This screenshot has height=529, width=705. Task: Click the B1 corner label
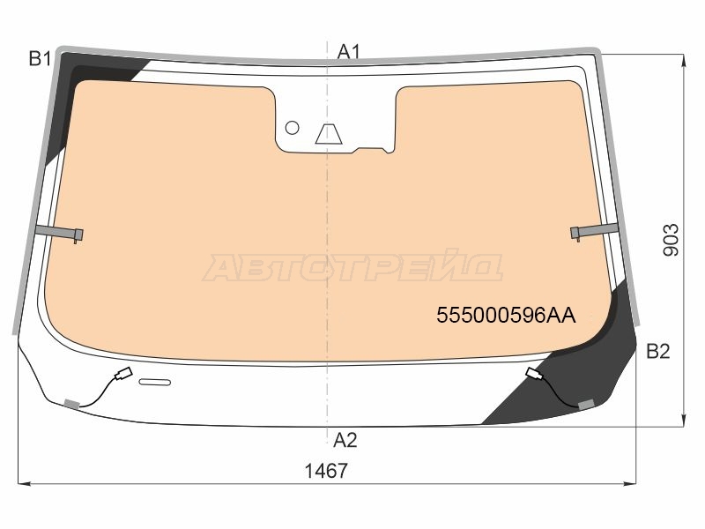[40, 59]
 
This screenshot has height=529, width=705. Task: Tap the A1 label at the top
[349, 52]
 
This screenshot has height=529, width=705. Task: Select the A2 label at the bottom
[345, 440]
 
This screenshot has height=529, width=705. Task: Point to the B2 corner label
[658, 351]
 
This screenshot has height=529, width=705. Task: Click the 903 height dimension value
[671, 240]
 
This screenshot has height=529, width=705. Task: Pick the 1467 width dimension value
[326, 471]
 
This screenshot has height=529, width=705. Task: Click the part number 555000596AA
[506, 316]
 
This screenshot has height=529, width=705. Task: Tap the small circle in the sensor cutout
[293, 128]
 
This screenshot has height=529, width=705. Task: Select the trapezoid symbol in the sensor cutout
[329, 134]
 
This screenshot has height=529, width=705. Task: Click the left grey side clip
[59, 232]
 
